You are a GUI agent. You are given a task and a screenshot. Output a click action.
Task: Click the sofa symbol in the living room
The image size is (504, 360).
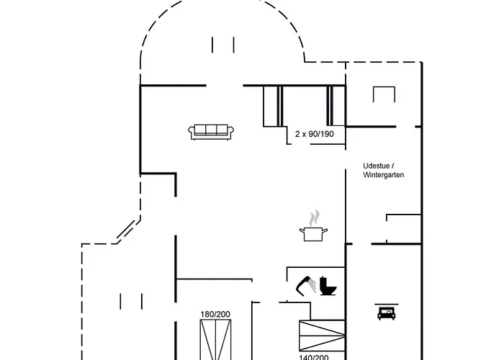(x=212, y=131)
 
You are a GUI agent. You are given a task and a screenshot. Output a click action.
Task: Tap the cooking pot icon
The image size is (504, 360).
(x=313, y=233)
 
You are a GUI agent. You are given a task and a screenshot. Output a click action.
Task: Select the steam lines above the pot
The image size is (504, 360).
(x=313, y=217)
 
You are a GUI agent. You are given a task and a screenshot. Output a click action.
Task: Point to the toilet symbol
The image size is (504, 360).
(x=329, y=284)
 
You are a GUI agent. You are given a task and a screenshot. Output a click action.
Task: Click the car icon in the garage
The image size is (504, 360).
(x=384, y=312)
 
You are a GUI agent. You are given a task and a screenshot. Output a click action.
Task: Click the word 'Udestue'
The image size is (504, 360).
(x=377, y=166)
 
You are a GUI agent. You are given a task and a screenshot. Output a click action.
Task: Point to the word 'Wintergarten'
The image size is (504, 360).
(x=384, y=175)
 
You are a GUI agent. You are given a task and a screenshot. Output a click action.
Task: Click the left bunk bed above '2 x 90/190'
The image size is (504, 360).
(x=272, y=106)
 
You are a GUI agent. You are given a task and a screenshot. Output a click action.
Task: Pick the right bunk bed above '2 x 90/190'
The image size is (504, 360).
(x=332, y=106)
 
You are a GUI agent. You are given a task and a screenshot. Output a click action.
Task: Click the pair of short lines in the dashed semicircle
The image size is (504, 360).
(x=223, y=45)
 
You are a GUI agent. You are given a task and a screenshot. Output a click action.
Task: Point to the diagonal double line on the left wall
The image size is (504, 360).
(x=126, y=230)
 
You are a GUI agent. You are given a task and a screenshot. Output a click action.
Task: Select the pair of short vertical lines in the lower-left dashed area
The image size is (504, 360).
(x=131, y=301)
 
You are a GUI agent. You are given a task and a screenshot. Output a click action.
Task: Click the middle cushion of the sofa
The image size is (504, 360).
(x=212, y=130)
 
